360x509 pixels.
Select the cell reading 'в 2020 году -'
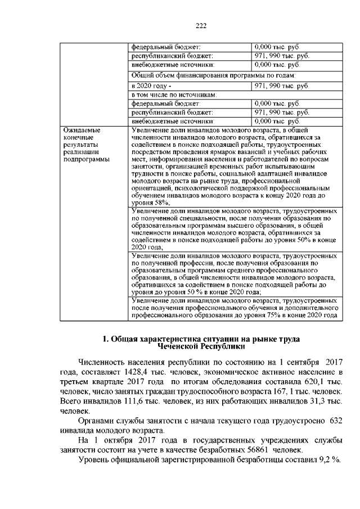coord(150,85)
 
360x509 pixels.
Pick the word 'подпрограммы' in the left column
coord(85,159)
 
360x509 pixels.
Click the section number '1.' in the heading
coord(106,339)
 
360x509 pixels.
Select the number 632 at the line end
coord(335,421)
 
